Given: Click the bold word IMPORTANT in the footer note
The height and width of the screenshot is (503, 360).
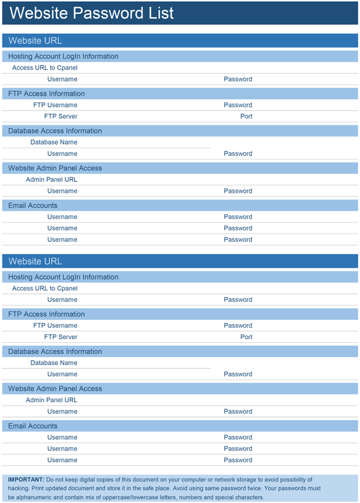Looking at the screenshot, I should click(x=26, y=480).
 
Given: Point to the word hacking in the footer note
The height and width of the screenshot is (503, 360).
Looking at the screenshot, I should click(x=19, y=489).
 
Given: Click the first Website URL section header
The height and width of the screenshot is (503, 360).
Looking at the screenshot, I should click(x=35, y=41).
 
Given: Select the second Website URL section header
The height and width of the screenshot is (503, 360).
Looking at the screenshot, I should click(x=35, y=261).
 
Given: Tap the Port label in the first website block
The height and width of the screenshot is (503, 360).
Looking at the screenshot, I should click(x=246, y=116).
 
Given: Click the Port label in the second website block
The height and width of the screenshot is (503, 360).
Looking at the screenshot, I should click(x=246, y=337).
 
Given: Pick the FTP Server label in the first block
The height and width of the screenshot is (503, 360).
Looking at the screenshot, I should click(x=61, y=116).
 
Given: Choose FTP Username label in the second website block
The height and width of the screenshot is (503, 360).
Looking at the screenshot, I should click(x=55, y=325).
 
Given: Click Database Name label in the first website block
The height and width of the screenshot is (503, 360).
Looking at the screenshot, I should click(x=54, y=142).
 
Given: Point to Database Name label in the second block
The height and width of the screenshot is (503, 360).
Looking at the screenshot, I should click(x=54, y=363).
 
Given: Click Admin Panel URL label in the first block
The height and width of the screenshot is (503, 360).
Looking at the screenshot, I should click(x=52, y=179).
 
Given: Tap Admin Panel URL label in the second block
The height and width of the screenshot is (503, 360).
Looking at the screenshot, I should click(x=52, y=400).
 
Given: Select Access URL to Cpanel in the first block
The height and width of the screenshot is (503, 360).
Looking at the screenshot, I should click(x=45, y=68).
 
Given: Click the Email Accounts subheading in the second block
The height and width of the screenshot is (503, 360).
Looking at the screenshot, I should click(x=33, y=426).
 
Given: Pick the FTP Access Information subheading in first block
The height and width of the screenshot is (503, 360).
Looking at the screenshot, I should click(x=47, y=94).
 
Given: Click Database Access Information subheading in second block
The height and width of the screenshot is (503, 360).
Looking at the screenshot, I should click(x=55, y=351).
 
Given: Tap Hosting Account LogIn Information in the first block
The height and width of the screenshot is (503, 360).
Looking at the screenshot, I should click(x=64, y=56).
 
